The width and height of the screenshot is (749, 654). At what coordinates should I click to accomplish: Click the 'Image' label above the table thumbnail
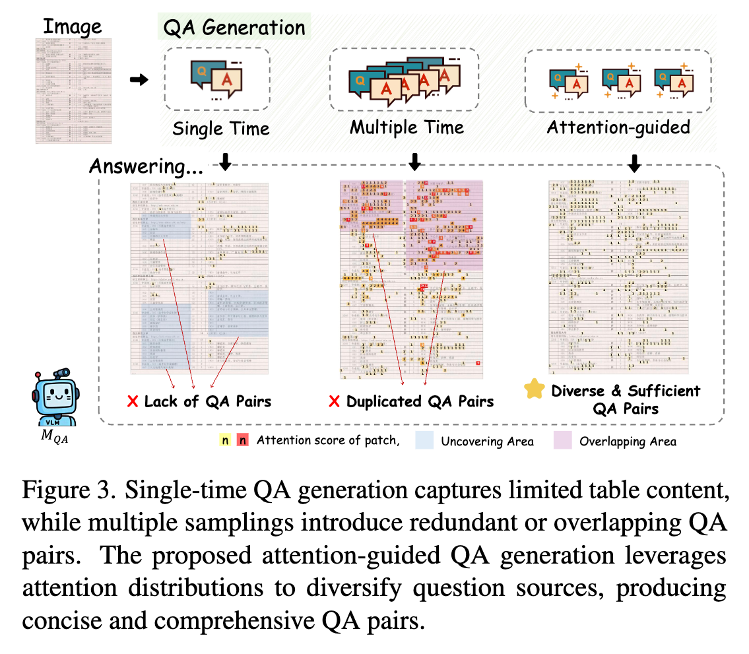coord(73,27)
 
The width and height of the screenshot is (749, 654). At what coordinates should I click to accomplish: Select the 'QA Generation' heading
coord(234,27)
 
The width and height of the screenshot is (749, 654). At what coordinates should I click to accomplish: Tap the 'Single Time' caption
coord(221,127)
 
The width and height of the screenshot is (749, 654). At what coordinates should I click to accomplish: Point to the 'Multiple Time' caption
coord(407,127)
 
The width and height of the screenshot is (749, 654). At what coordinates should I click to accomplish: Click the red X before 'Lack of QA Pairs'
coord(133,401)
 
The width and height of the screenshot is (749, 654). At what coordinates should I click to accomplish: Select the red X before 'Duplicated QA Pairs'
coord(334,401)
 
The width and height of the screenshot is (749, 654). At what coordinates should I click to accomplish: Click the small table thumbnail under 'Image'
coord(73,91)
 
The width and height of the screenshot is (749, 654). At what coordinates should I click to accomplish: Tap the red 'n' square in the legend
coord(244,440)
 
